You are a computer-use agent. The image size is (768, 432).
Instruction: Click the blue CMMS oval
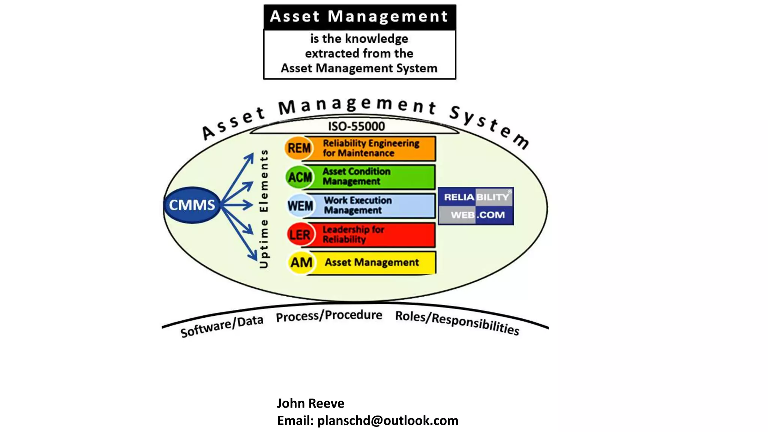coord(192,205)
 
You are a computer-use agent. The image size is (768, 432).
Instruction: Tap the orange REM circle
coord(299,148)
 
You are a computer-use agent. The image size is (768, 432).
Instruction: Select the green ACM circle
coord(300,177)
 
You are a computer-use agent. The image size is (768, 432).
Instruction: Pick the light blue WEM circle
coord(300,206)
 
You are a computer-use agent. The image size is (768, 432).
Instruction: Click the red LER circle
coord(300,235)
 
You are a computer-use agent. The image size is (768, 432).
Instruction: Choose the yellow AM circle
coord(301,262)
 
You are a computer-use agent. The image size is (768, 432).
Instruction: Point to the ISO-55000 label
coord(356,126)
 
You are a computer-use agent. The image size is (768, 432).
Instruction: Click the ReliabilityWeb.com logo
coord(475,206)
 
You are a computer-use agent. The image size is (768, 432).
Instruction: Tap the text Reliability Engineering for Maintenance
coord(371,148)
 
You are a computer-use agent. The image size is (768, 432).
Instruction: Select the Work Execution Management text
coord(358,205)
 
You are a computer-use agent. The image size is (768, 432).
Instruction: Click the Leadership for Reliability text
coord(353,234)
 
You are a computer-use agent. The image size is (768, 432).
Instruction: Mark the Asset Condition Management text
coord(356,176)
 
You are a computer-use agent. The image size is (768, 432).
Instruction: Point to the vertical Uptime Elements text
coord(264,209)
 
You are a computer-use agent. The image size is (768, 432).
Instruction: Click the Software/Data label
coord(222,326)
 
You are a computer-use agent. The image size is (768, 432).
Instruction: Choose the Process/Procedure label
coord(329,316)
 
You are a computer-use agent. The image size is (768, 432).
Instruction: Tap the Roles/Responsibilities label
coord(457,322)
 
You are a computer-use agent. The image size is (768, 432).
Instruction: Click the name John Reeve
coord(310,403)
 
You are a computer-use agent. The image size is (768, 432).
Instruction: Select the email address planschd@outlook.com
coord(388,421)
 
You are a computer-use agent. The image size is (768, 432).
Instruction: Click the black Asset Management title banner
coord(359,17)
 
